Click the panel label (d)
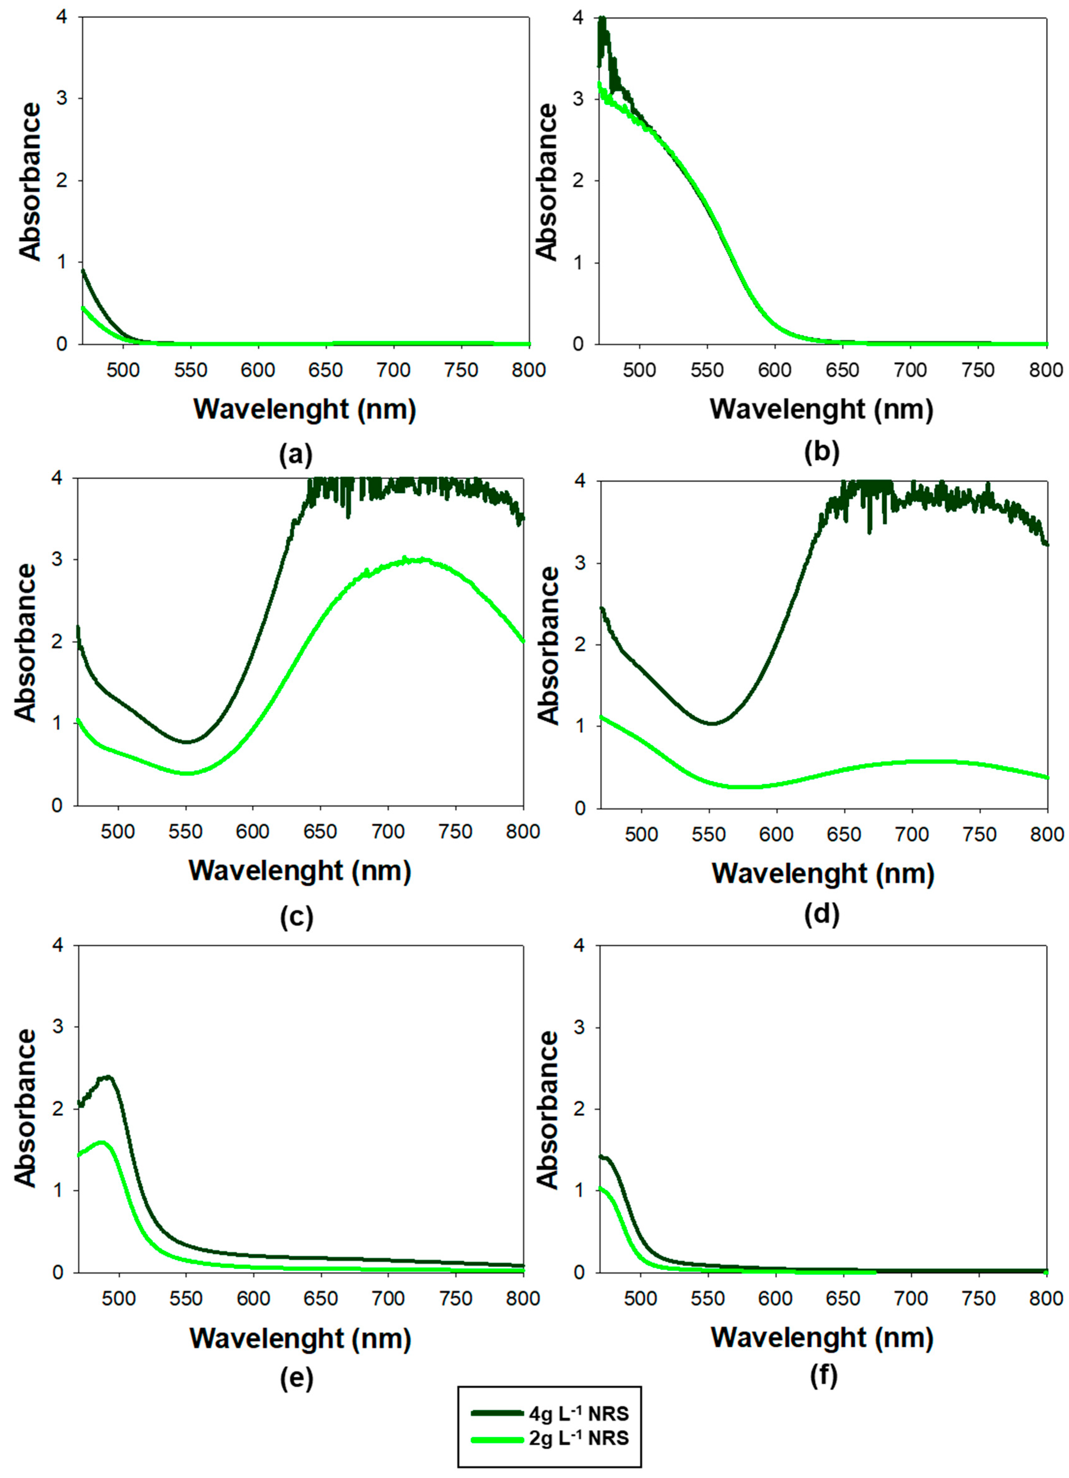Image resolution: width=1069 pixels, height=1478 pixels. pos(822,914)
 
